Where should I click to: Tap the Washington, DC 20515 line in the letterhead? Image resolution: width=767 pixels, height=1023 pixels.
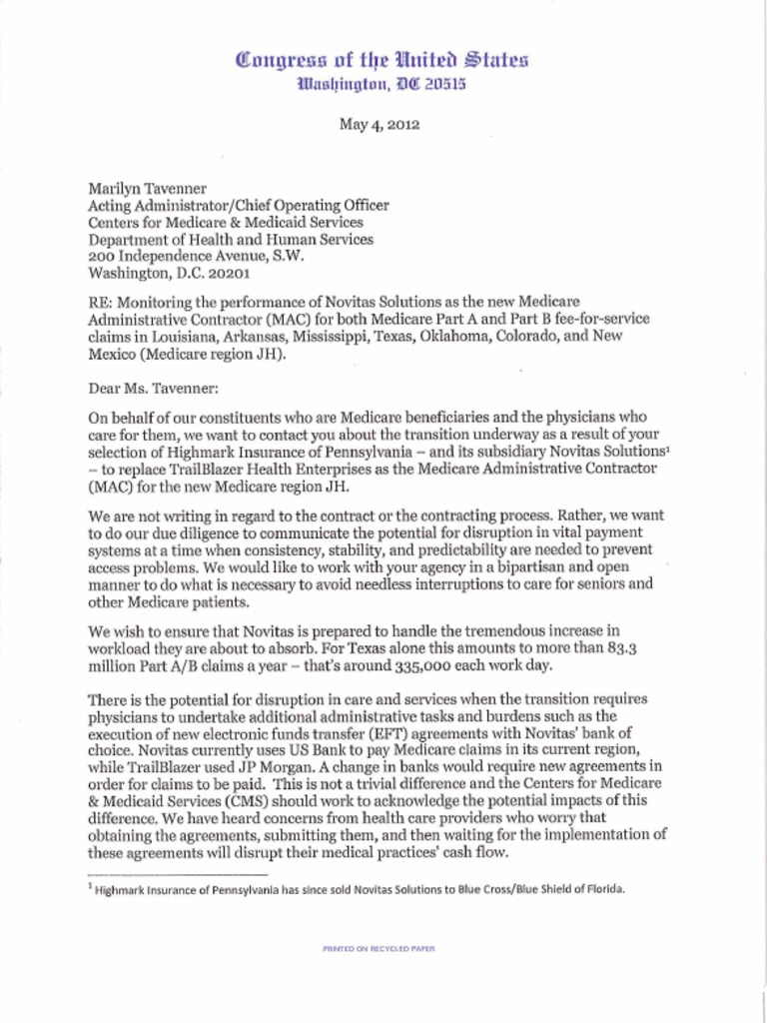[383, 84]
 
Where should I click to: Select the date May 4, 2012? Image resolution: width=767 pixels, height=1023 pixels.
[383, 125]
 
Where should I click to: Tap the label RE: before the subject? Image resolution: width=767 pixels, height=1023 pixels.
[102, 301]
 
